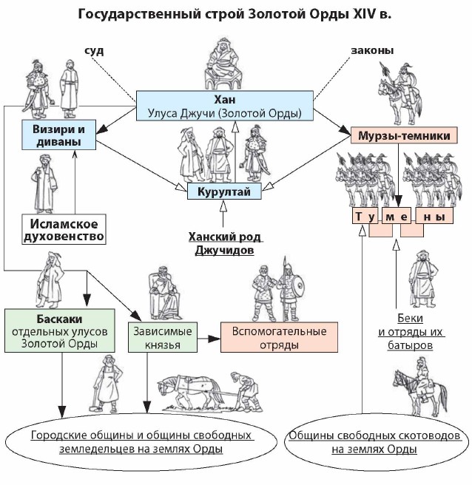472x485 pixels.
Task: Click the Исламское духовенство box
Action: (x=62, y=228)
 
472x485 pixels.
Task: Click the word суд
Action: (x=94, y=51)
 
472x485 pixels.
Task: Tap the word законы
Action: (x=373, y=51)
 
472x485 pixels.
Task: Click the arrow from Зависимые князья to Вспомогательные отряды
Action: (x=210, y=338)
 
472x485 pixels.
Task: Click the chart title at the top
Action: (x=235, y=14)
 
